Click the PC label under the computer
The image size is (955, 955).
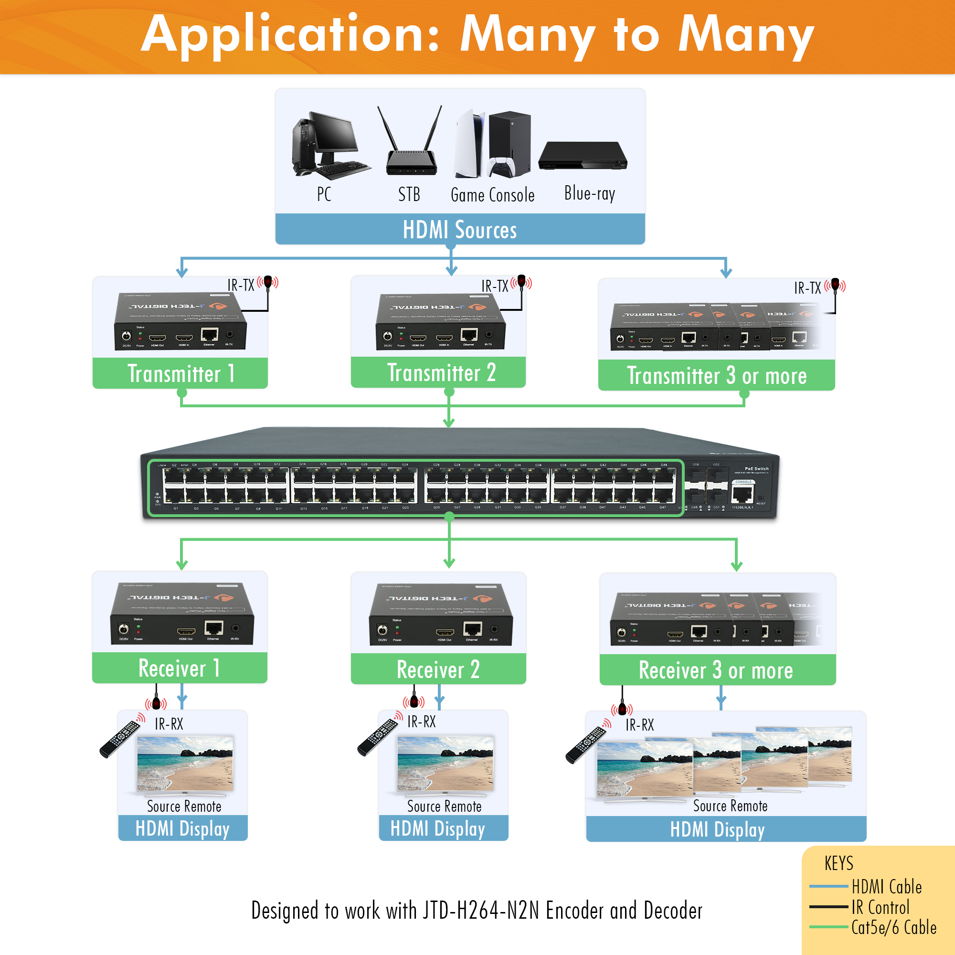[x=324, y=194]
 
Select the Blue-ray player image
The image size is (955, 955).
[x=582, y=156]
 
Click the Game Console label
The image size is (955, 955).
[x=492, y=195]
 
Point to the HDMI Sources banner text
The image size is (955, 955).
[x=460, y=230]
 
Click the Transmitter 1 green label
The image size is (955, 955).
[x=180, y=374]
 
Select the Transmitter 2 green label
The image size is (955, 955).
[x=441, y=373]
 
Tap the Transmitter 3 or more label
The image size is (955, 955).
[x=716, y=376]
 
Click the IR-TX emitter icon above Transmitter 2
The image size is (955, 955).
[x=521, y=282]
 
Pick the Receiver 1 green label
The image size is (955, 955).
[x=179, y=668]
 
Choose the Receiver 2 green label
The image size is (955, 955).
[x=438, y=670]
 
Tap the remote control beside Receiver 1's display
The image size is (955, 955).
[x=120, y=738]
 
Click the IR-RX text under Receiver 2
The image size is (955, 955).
[x=421, y=722]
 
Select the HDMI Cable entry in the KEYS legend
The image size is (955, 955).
[x=886, y=887]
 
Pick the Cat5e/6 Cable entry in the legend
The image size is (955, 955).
[x=893, y=928]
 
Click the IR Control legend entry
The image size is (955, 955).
[x=880, y=908]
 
